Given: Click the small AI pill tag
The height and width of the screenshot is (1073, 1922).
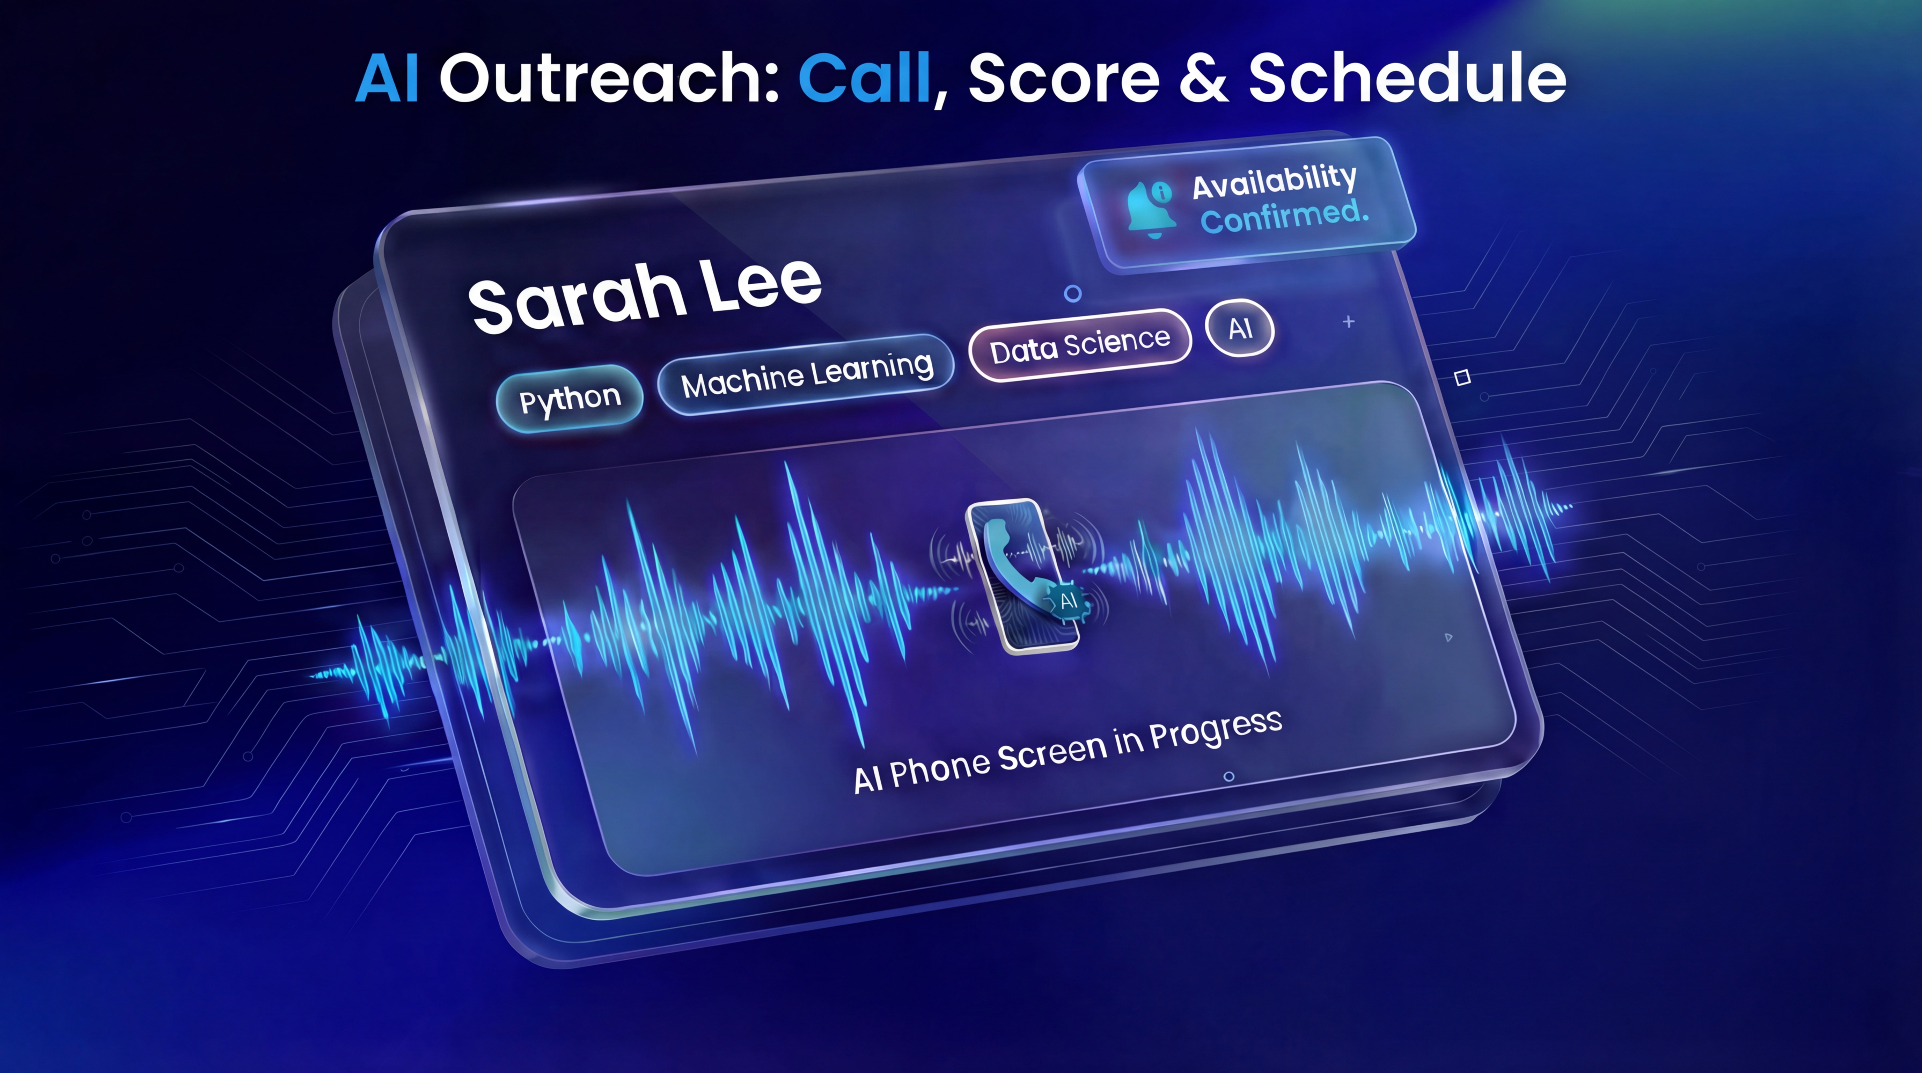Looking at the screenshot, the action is tap(1239, 328).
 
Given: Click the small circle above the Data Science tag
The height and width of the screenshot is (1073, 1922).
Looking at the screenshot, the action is tap(1072, 294).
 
